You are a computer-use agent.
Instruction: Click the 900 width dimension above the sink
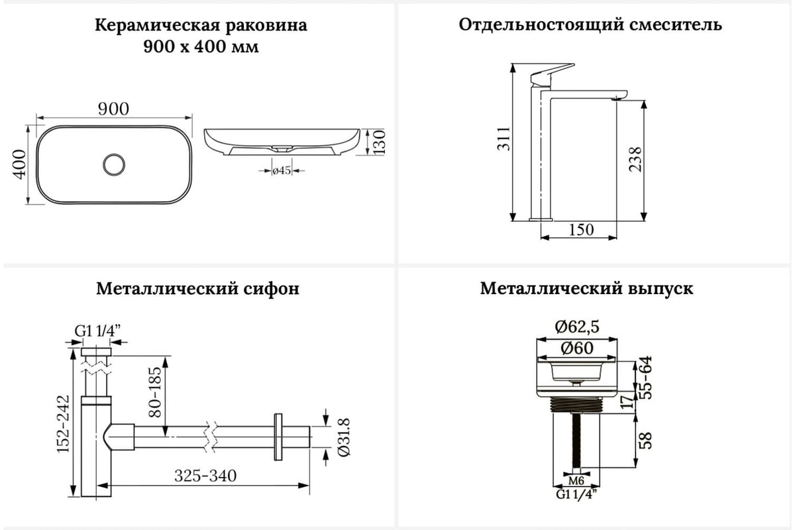[x=113, y=109]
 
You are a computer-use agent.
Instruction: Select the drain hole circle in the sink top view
[x=114, y=164]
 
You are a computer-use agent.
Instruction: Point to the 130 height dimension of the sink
[x=379, y=142]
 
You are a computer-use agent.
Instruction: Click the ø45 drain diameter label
[x=282, y=171]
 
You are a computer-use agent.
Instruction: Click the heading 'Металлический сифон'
[x=197, y=289]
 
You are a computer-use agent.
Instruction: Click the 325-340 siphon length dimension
[x=205, y=476]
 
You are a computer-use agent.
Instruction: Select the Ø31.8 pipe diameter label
[x=343, y=437]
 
